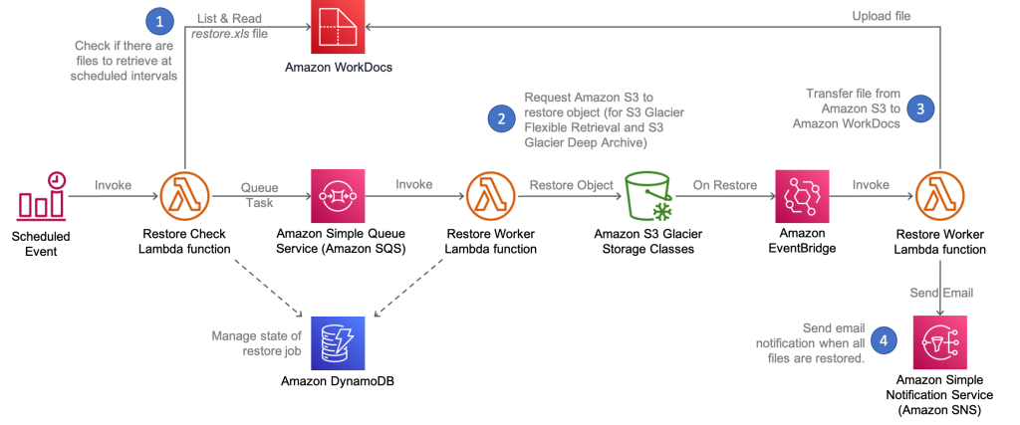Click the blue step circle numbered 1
click(x=156, y=21)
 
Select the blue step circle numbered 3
click(x=921, y=108)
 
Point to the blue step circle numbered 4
click(x=883, y=340)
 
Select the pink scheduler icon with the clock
click(x=42, y=196)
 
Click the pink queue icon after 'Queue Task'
click(x=338, y=196)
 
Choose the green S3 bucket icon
click(x=649, y=196)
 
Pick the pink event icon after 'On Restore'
click(x=802, y=196)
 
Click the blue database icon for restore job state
click(x=338, y=341)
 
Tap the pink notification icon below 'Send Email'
click(x=938, y=342)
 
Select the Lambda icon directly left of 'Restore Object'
click(x=490, y=196)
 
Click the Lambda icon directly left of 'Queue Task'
click(x=185, y=196)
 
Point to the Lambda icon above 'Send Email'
click(x=938, y=196)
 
